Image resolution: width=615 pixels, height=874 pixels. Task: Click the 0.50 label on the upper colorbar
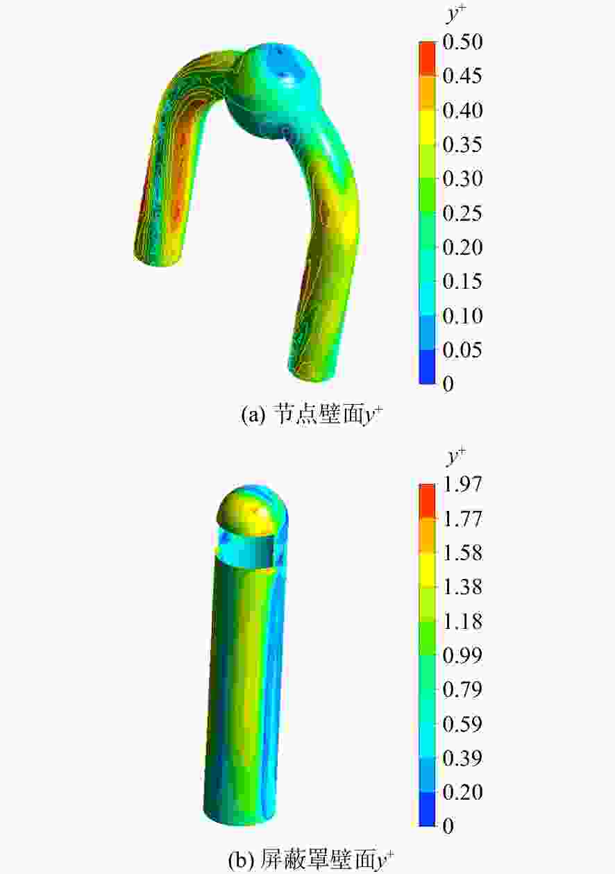tap(462, 42)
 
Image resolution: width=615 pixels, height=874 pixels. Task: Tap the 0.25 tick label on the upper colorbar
tap(462, 213)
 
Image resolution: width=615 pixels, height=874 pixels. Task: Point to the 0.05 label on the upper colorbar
tap(462, 350)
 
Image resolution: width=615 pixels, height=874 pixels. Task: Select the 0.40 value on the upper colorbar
tap(462, 110)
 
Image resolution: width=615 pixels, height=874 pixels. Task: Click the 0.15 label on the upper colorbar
tap(462, 281)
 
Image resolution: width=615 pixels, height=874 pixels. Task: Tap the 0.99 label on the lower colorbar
tap(462, 656)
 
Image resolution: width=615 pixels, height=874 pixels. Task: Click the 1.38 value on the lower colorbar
tap(462, 587)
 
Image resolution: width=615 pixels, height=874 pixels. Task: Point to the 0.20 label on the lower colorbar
tap(462, 793)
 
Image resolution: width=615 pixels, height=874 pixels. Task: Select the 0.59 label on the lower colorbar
tap(462, 724)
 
